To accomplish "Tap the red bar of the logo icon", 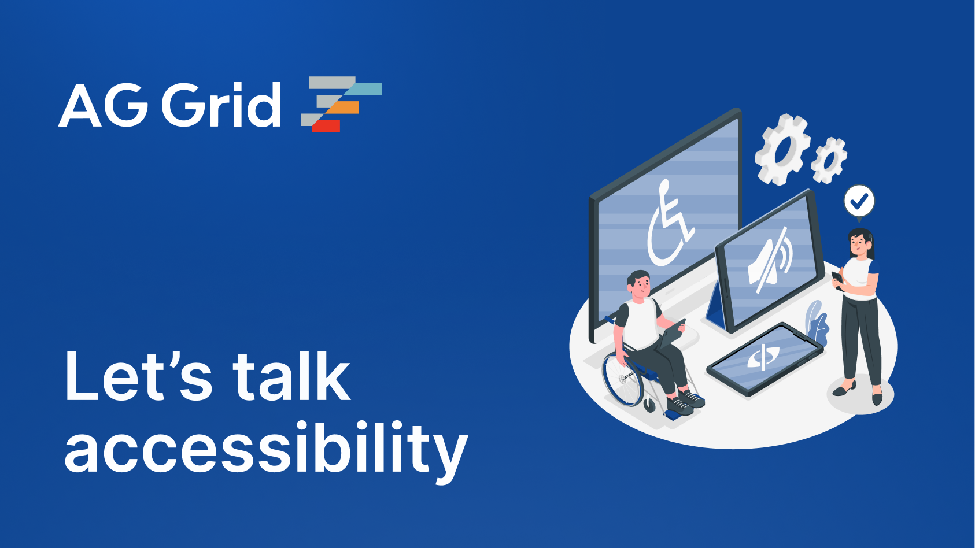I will [x=326, y=125].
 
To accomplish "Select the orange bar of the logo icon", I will [x=344, y=108].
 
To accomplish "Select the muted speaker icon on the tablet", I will [x=770, y=261].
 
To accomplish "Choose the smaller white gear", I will [x=829, y=160].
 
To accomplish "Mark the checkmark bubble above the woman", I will [x=859, y=201].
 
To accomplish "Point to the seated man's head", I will [x=639, y=285].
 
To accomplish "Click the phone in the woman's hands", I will [x=837, y=278].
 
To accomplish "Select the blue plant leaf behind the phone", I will [x=817, y=323].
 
